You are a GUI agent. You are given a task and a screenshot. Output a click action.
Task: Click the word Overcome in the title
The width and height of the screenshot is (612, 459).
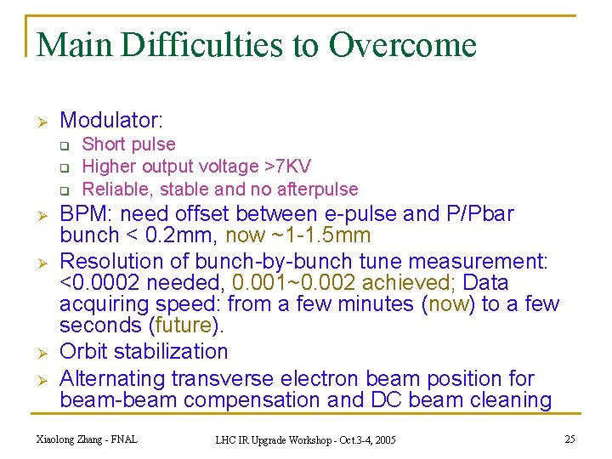point(402,45)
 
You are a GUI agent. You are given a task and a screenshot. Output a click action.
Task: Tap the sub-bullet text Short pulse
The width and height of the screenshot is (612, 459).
point(128,144)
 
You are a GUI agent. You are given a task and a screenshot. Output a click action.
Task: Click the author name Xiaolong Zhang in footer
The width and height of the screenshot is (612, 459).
point(75,439)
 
